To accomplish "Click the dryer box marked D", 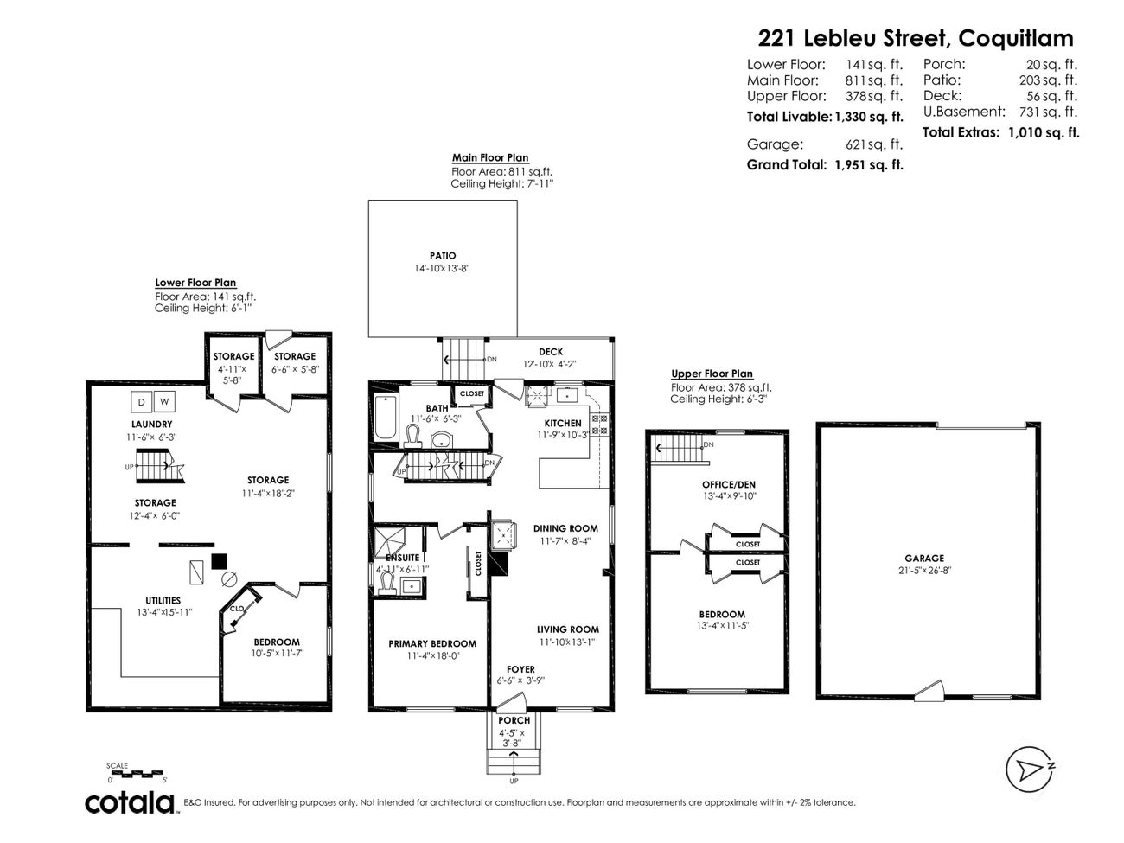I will coord(141,401).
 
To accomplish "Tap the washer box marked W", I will coord(165,401).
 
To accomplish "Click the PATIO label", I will coord(442,256).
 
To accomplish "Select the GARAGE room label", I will coord(924,559).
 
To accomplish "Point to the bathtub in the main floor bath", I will coord(384,418).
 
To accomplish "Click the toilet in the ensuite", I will coord(386,585).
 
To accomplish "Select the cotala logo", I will coord(130,802).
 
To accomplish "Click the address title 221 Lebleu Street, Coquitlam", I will coord(916,38).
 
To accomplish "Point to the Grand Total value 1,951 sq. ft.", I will coord(868,164).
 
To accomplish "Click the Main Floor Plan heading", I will coord(490,158).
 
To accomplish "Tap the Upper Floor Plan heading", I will coord(712,374).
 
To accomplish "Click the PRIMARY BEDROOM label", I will coord(431,643).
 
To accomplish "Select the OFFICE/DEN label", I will coord(729,484).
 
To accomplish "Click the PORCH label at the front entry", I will coord(514,720).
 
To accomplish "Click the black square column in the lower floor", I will coord(219,560).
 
